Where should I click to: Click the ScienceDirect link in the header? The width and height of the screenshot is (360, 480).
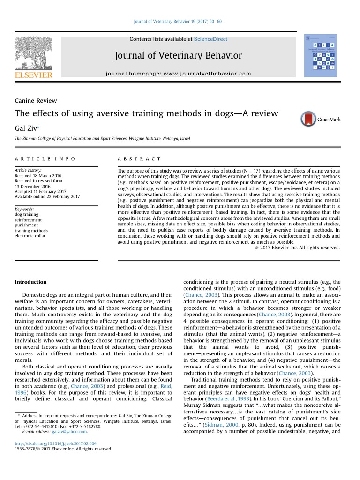(211, 39)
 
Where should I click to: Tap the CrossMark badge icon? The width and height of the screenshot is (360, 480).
(309, 119)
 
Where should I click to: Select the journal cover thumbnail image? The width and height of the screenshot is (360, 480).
(321, 55)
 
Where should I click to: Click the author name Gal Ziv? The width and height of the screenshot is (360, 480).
(26, 127)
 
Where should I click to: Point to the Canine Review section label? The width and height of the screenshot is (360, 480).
(36, 100)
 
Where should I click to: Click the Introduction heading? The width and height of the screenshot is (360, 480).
(31, 282)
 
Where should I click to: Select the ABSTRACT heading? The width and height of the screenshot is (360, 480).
(139, 159)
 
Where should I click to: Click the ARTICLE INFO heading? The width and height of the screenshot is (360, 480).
(45, 159)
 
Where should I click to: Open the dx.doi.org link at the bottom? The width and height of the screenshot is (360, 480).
(56, 443)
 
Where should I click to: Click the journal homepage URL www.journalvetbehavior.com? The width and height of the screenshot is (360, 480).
(214, 74)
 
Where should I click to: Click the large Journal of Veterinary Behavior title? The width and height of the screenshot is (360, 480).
(178, 56)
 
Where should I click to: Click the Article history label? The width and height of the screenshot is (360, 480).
(28, 170)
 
